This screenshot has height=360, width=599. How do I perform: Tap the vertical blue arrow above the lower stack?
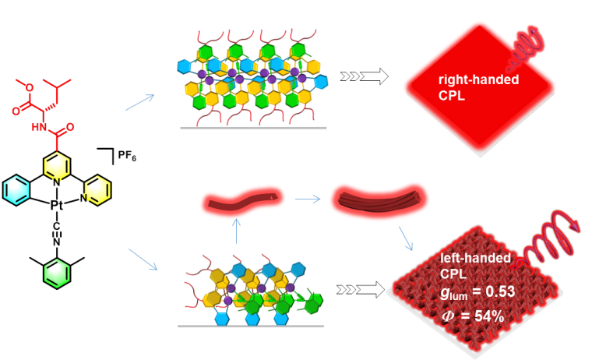point(237,231)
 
